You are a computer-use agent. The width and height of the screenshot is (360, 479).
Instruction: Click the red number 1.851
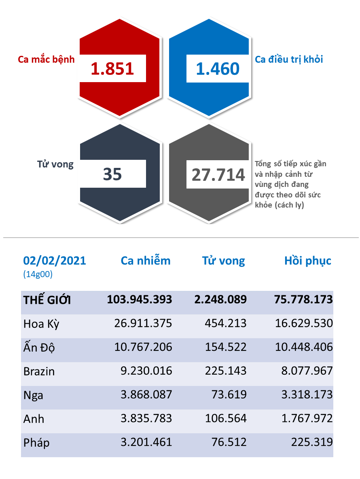112,69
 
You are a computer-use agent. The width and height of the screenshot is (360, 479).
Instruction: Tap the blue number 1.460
218,69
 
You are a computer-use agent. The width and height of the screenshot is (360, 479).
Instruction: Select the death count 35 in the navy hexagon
112,174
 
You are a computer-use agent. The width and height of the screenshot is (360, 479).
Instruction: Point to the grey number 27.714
218,175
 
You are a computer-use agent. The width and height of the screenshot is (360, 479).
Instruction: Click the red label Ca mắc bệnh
46,59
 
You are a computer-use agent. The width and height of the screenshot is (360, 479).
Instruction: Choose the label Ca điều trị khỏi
289,59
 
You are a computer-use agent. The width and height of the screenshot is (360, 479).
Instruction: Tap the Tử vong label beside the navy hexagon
55,164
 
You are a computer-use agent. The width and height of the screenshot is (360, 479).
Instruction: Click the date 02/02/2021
55,261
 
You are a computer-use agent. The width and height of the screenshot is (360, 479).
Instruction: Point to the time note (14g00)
38,274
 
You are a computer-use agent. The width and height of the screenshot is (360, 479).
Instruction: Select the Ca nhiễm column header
146,261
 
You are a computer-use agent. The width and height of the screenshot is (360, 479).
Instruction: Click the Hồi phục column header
308,261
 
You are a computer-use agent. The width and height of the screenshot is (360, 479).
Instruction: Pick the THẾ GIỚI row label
47,300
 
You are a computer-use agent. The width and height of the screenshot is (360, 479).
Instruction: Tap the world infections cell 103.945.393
140,299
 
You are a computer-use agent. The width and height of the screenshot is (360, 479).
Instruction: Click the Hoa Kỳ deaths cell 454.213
226,323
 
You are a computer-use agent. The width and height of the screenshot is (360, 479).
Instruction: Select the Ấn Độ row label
39,347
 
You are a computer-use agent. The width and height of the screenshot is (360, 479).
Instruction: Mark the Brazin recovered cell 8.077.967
307,371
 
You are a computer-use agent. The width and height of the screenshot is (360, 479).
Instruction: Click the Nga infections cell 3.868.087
146,395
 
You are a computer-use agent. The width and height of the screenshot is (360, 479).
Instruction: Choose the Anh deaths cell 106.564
226,418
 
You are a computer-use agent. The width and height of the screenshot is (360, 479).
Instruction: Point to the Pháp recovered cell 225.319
312,442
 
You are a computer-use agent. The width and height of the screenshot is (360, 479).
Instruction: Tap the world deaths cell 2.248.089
220,299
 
